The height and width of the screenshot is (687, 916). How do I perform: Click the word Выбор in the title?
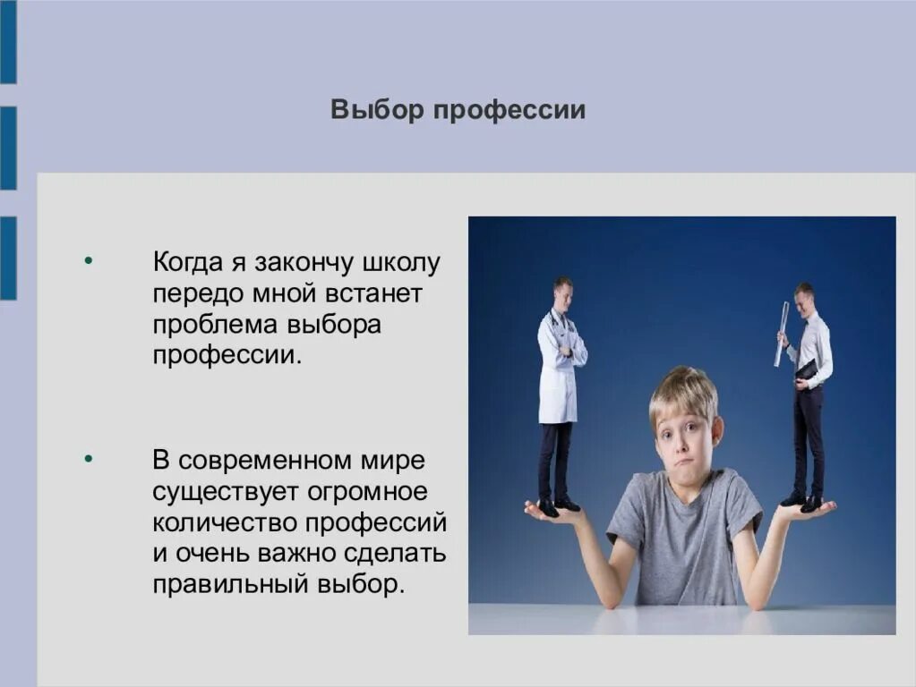click(377, 111)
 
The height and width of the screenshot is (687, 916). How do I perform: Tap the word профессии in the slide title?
click(509, 111)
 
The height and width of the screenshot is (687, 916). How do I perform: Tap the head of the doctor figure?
click(561, 289)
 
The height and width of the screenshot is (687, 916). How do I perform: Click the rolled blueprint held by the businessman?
click(781, 333)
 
